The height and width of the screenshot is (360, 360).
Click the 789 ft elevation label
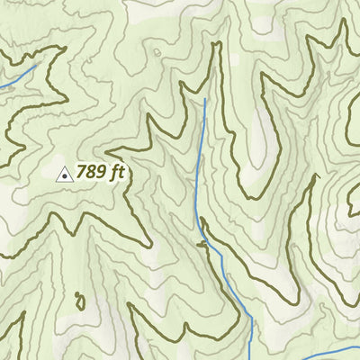tap(99, 172)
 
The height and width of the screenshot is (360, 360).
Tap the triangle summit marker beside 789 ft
tap(64, 174)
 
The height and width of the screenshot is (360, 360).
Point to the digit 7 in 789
tap(82, 172)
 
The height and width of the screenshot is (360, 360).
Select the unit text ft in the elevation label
tap(116, 172)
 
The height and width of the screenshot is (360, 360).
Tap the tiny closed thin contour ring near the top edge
tap(158, 52)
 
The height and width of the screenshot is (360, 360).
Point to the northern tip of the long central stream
tap(205, 99)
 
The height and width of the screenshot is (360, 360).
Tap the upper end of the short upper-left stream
tap(37, 65)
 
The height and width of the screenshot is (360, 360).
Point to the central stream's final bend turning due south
tap(248, 317)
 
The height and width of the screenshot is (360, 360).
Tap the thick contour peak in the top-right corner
tap(343, 22)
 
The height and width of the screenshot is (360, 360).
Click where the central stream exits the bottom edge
tap(252, 358)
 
